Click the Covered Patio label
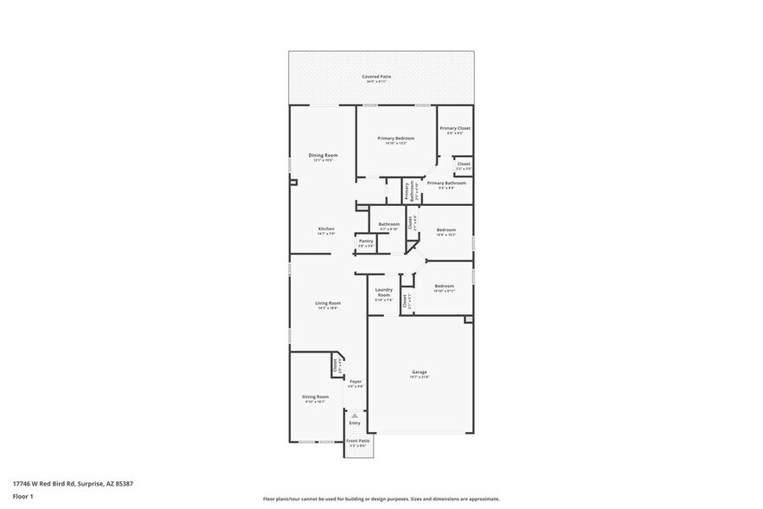click(376, 77)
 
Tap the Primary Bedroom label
click(395, 139)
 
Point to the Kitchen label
click(325, 229)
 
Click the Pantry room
click(366, 243)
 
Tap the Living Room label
click(327, 304)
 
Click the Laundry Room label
click(383, 293)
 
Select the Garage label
click(419, 373)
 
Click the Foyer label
click(355, 383)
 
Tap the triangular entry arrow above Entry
click(355, 415)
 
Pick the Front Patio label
click(356, 441)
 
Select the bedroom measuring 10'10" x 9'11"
click(444, 287)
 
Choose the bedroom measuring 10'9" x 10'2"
click(446, 231)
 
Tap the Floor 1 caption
click(23, 496)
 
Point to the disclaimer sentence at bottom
click(381, 499)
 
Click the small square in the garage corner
click(469, 319)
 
